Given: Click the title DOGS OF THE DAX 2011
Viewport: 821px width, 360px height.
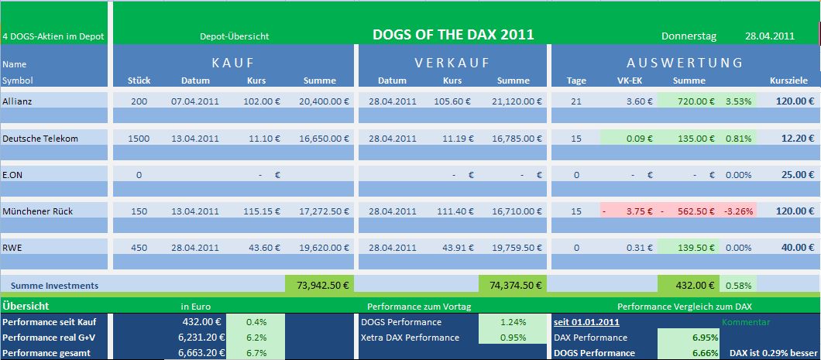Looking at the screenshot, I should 453,35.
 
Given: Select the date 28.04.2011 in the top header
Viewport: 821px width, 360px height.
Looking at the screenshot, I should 769,36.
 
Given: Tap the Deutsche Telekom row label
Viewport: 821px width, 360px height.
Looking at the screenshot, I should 40,138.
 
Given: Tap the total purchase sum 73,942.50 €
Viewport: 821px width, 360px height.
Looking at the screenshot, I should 318,285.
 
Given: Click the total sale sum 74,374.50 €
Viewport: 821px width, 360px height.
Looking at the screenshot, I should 512,285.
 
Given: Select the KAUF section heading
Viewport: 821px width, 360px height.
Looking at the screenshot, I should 232,63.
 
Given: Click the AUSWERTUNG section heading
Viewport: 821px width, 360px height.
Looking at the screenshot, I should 685,63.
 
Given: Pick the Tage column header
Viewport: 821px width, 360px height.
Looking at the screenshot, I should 576,81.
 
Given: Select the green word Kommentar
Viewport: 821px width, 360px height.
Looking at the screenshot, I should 746,321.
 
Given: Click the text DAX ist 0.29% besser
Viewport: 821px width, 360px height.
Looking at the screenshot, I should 772,353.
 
